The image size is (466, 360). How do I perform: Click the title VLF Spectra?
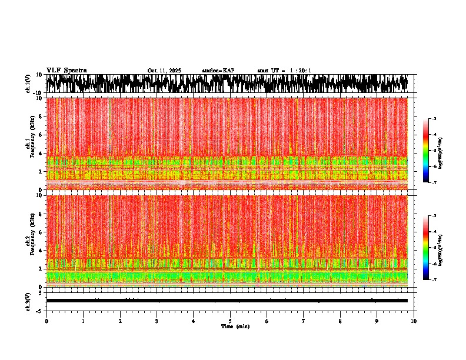pyautogui.click(x=66, y=70)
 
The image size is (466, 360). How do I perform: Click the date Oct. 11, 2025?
pyautogui.click(x=164, y=71)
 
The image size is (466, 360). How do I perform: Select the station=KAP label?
pyautogui.click(x=218, y=71)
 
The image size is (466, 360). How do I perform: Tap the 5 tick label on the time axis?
pyautogui.click(x=230, y=321)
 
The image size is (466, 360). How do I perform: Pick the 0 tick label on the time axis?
pyautogui.click(x=46, y=321)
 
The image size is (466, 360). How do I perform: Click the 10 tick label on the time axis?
pyautogui.click(x=414, y=321)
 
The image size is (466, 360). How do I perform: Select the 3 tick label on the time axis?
pyautogui.click(x=157, y=321)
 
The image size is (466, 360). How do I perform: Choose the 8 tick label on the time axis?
pyautogui.click(x=340, y=321)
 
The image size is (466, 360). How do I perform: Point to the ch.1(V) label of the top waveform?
pyautogui.click(x=28, y=84)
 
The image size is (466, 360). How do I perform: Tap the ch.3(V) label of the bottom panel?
pyautogui.click(x=28, y=301)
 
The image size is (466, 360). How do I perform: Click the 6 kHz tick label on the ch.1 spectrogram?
pyautogui.click(x=40, y=135)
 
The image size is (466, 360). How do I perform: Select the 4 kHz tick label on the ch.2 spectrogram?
pyautogui.click(x=40, y=250)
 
